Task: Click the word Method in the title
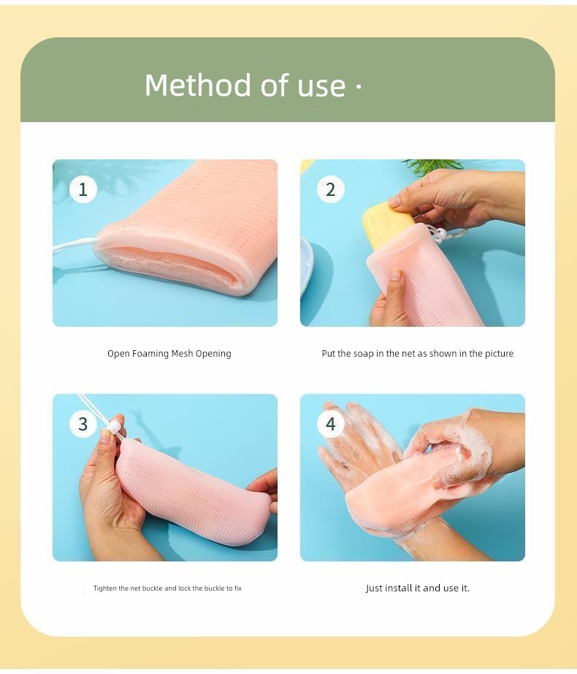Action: tap(198, 85)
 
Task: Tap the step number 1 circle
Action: tap(83, 189)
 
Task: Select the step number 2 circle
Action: tap(331, 189)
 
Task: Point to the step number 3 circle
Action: tap(83, 424)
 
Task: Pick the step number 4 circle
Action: tap(331, 424)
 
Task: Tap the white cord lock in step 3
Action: tap(114, 427)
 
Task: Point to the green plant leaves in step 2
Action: tap(432, 166)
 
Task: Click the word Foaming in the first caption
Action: tap(150, 354)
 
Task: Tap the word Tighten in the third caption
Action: tap(105, 588)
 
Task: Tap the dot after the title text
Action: tap(359, 86)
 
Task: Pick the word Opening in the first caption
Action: tap(213, 354)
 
